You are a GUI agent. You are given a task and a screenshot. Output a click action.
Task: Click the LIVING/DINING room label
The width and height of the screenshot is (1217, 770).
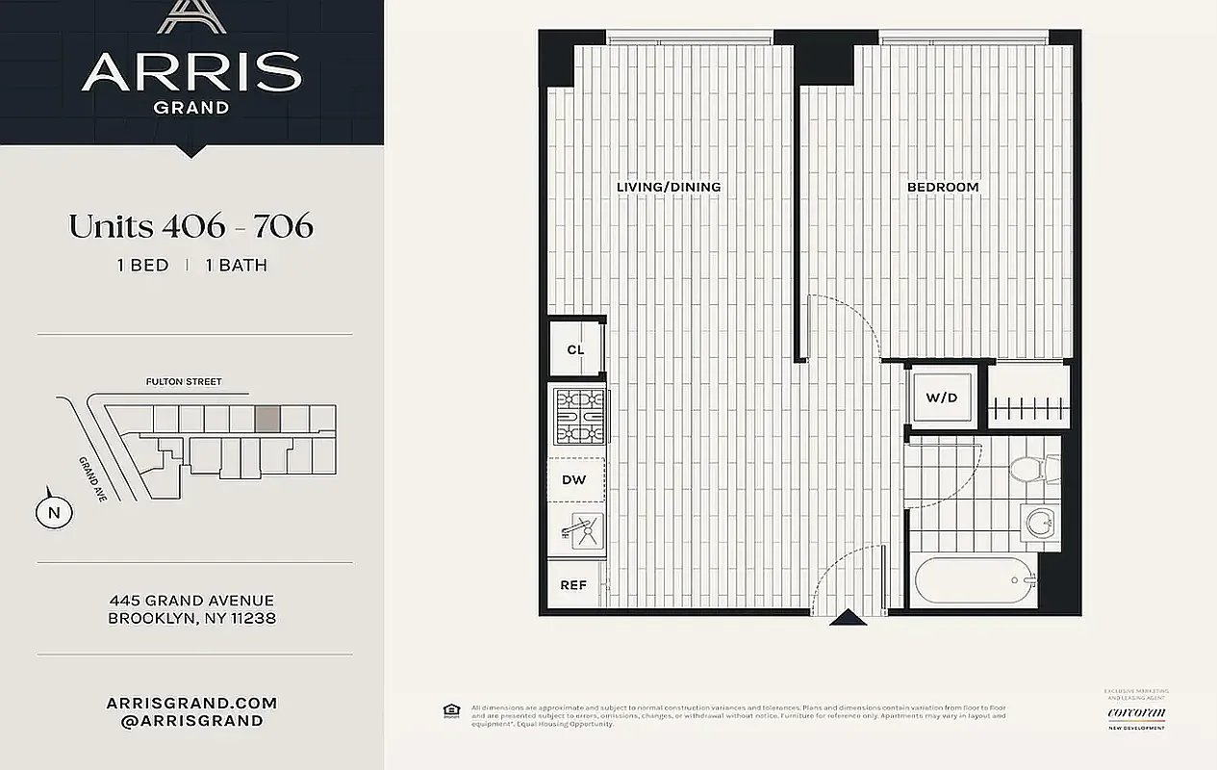point(669,187)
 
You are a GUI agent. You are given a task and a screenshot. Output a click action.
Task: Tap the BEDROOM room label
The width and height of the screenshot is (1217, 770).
point(943,187)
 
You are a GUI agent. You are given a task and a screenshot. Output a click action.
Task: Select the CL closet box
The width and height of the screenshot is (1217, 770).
point(575,349)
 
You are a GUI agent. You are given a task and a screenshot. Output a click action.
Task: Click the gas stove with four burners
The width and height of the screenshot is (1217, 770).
point(579,417)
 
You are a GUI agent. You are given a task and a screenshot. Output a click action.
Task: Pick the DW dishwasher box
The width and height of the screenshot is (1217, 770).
point(575,479)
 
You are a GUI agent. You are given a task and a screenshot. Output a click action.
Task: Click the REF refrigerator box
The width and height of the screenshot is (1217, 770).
point(573,584)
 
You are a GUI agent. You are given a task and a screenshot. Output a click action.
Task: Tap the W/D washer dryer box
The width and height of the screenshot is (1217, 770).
point(942,398)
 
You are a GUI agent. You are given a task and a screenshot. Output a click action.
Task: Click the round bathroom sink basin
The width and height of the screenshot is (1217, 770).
point(1038,524)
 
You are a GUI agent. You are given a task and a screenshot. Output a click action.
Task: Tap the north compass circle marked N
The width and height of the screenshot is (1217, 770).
point(54,512)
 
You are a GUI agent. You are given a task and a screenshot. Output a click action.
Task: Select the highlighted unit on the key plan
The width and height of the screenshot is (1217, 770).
point(267,418)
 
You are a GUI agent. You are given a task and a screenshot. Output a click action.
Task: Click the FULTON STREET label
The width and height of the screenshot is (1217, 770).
point(184,382)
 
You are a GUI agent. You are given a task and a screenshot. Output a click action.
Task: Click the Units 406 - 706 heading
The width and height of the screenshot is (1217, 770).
point(190,225)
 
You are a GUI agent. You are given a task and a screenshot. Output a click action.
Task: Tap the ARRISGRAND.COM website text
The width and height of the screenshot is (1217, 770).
point(191,704)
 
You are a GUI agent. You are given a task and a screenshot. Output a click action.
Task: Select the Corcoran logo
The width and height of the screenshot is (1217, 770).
point(1136,713)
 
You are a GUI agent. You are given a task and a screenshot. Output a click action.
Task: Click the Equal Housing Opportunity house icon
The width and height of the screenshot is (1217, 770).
point(450,710)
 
